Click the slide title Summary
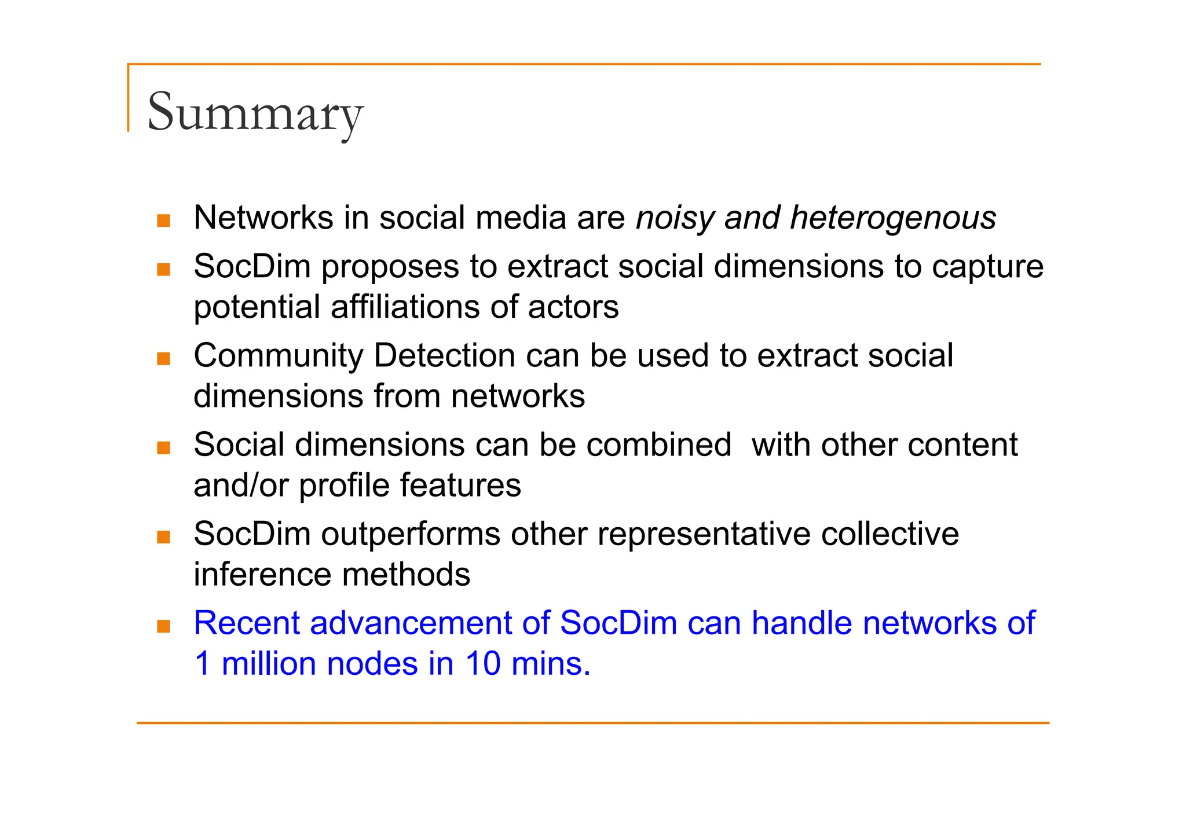[x=255, y=112]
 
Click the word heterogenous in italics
[x=892, y=219]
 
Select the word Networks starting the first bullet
[x=263, y=218]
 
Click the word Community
[x=278, y=356]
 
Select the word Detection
[x=444, y=355]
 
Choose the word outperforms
[x=411, y=534]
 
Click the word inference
[x=262, y=575]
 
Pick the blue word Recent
[x=246, y=623]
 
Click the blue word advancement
[x=411, y=623]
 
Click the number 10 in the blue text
[x=483, y=664]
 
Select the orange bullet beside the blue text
[x=164, y=626]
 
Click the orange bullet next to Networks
[x=164, y=220]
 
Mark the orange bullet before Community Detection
[x=164, y=359]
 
